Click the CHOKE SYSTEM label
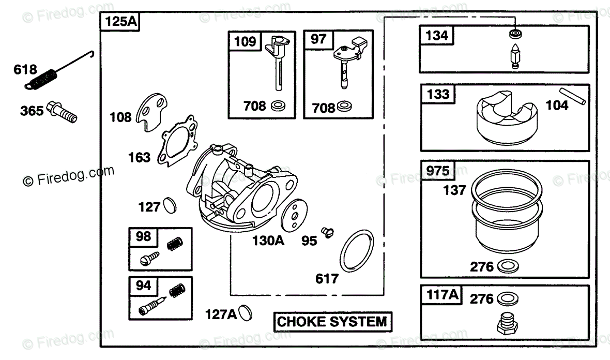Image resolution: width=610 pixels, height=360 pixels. [x=332, y=322]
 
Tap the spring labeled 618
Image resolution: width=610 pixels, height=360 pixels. [x=43, y=79]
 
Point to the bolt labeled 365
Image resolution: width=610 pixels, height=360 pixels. [x=62, y=112]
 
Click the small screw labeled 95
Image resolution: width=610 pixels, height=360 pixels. [x=326, y=232]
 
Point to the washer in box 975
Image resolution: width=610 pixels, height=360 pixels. [x=508, y=267]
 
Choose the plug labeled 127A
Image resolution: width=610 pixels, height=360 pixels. [x=246, y=312]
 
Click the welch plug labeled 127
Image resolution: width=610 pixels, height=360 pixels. [x=169, y=205]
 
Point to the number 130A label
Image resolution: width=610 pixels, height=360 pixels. [x=269, y=241]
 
